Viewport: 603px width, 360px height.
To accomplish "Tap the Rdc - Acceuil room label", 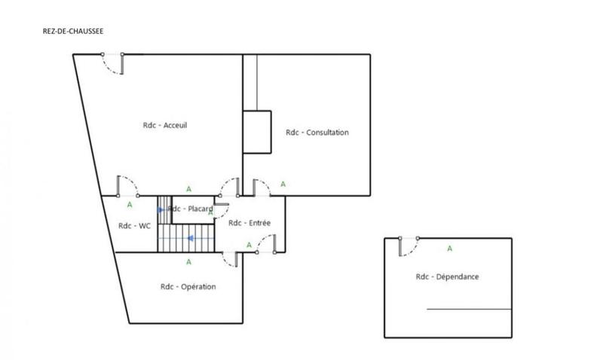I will click(x=164, y=125).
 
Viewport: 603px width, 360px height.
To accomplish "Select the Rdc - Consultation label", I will click(x=317, y=133).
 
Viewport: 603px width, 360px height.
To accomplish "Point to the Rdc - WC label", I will click(x=136, y=226).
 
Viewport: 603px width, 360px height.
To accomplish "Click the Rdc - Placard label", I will click(x=190, y=209).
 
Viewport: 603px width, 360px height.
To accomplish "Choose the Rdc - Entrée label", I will click(x=249, y=223).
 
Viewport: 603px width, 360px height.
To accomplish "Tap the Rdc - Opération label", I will click(x=188, y=286).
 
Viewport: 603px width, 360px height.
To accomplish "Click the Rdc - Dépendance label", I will click(x=447, y=276).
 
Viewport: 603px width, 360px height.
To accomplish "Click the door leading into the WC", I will click(x=127, y=187).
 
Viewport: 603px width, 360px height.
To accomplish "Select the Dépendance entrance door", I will click(x=409, y=246).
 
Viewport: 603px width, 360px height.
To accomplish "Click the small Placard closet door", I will click(x=221, y=202).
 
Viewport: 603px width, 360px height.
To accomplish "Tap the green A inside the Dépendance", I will click(x=450, y=248).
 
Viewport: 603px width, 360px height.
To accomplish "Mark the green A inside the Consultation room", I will click(x=283, y=184).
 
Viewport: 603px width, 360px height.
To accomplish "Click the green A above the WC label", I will click(x=130, y=204).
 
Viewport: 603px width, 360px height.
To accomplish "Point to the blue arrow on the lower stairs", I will click(x=191, y=238).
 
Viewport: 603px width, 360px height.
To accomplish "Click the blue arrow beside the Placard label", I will click(x=161, y=209).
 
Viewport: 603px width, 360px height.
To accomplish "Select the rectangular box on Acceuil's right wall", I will click(x=256, y=132).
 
